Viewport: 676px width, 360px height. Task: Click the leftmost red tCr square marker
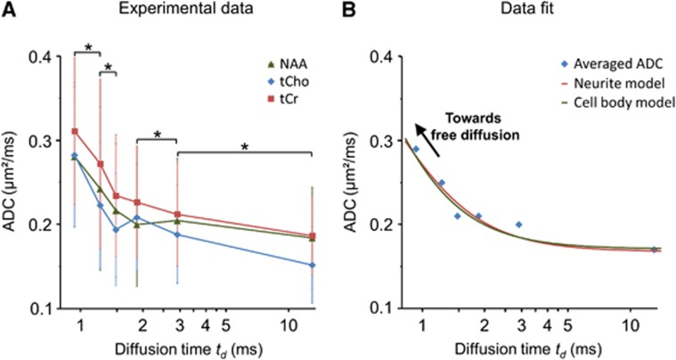tap(75, 132)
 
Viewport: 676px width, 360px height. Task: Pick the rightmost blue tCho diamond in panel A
tap(312, 265)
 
